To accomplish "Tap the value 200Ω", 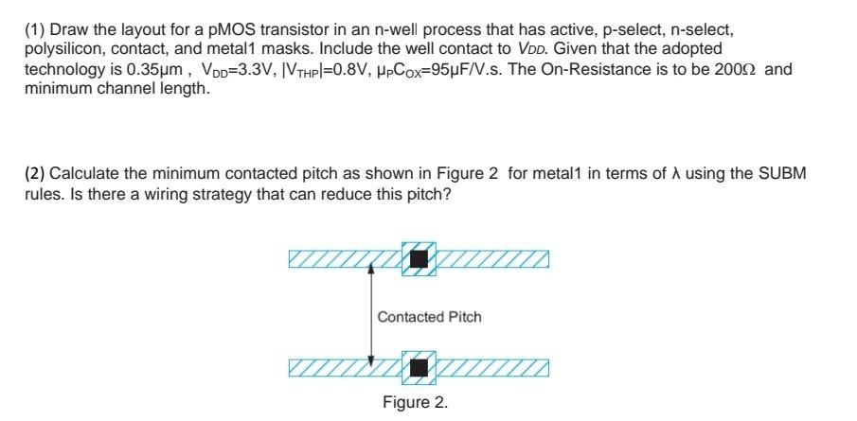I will [734, 70].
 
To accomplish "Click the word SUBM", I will [784, 174].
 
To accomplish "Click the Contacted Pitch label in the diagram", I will [429, 317].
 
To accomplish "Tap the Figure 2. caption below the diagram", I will [415, 402].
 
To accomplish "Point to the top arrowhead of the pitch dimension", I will [371, 269].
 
